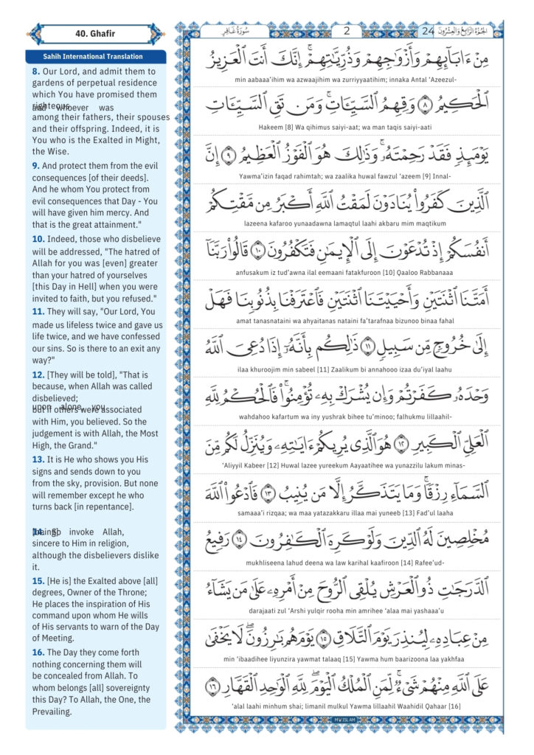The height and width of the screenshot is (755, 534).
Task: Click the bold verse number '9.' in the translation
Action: pos(36,167)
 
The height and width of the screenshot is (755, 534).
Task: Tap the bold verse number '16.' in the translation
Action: pos(38,653)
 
